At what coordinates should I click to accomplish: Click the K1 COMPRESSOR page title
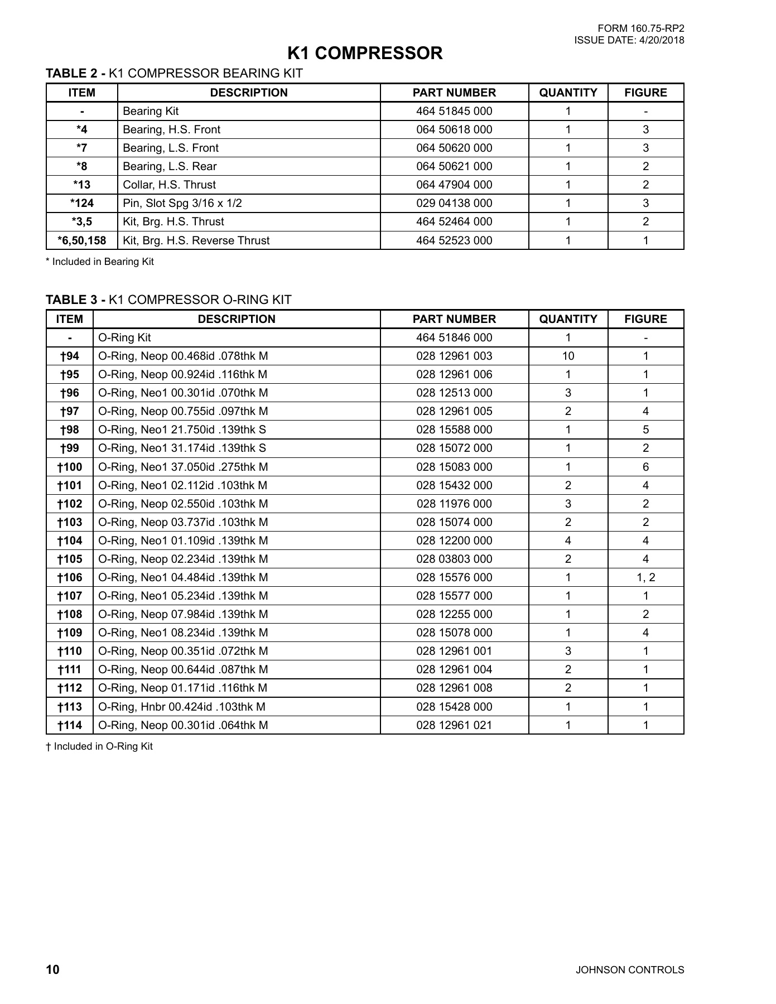[x=365, y=54]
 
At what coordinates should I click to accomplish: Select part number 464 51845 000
[x=454, y=111]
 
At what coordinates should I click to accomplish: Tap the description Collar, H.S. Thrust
[x=169, y=185]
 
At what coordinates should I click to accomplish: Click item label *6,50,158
[x=81, y=240]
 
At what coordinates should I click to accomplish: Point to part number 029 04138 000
[x=454, y=203]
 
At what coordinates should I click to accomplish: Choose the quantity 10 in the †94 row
[x=568, y=356]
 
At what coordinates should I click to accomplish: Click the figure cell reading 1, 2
[x=645, y=577]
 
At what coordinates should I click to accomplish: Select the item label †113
[x=70, y=707]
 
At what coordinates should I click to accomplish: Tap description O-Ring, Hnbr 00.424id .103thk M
[x=182, y=707]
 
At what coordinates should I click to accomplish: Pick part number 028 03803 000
[x=454, y=559]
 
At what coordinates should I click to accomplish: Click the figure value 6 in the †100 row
[x=645, y=467]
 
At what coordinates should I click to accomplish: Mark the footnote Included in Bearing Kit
[x=100, y=262]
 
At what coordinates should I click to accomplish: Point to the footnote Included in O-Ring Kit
[x=99, y=746]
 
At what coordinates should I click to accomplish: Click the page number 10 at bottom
[x=52, y=969]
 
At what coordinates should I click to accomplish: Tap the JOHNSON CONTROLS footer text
[x=629, y=970]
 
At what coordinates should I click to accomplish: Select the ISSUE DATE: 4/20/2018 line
[x=629, y=40]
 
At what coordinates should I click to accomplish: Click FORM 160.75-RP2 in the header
[x=640, y=29]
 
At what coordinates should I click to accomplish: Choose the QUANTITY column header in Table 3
[x=568, y=319]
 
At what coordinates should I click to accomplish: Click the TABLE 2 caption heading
[x=174, y=73]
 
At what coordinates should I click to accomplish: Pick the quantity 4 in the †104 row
[x=568, y=540]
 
